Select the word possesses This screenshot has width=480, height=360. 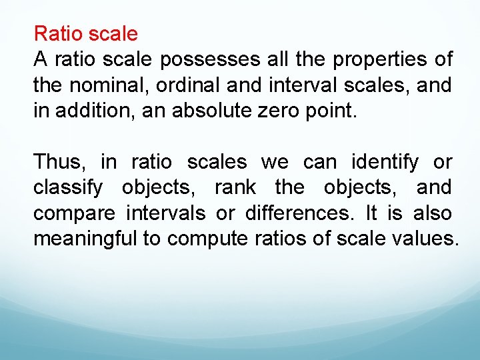210,59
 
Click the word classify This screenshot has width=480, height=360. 68,188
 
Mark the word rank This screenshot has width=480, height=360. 235,188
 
